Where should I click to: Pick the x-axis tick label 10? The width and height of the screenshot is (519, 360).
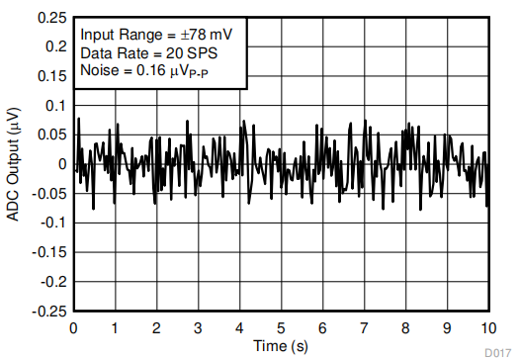(x=486, y=327)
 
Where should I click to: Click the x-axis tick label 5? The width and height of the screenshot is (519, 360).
(x=281, y=327)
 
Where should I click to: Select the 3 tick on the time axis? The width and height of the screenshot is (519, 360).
(x=198, y=327)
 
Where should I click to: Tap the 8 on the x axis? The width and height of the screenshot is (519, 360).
(x=405, y=327)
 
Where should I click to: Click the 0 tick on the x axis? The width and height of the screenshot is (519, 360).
(x=74, y=327)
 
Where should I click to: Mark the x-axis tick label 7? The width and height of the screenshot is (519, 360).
(x=364, y=327)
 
